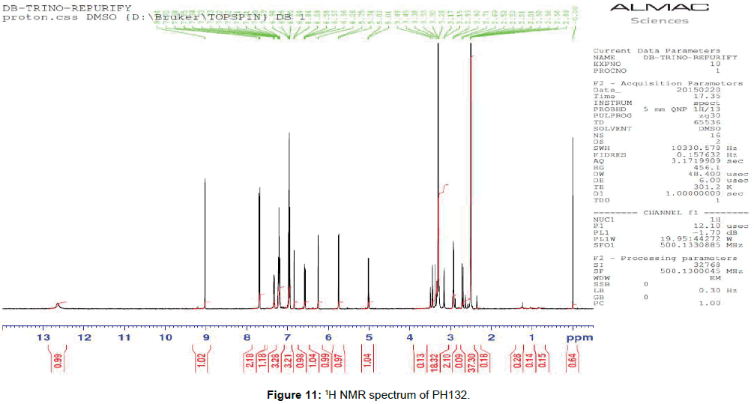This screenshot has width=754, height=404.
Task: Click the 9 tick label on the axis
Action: [x=205, y=338]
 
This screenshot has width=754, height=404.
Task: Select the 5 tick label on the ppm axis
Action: [x=369, y=338]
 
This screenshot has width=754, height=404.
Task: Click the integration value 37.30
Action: [x=471, y=367]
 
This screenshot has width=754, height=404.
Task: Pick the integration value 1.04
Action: [x=369, y=367]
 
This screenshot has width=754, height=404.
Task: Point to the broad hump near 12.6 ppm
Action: [x=58, y=304]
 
